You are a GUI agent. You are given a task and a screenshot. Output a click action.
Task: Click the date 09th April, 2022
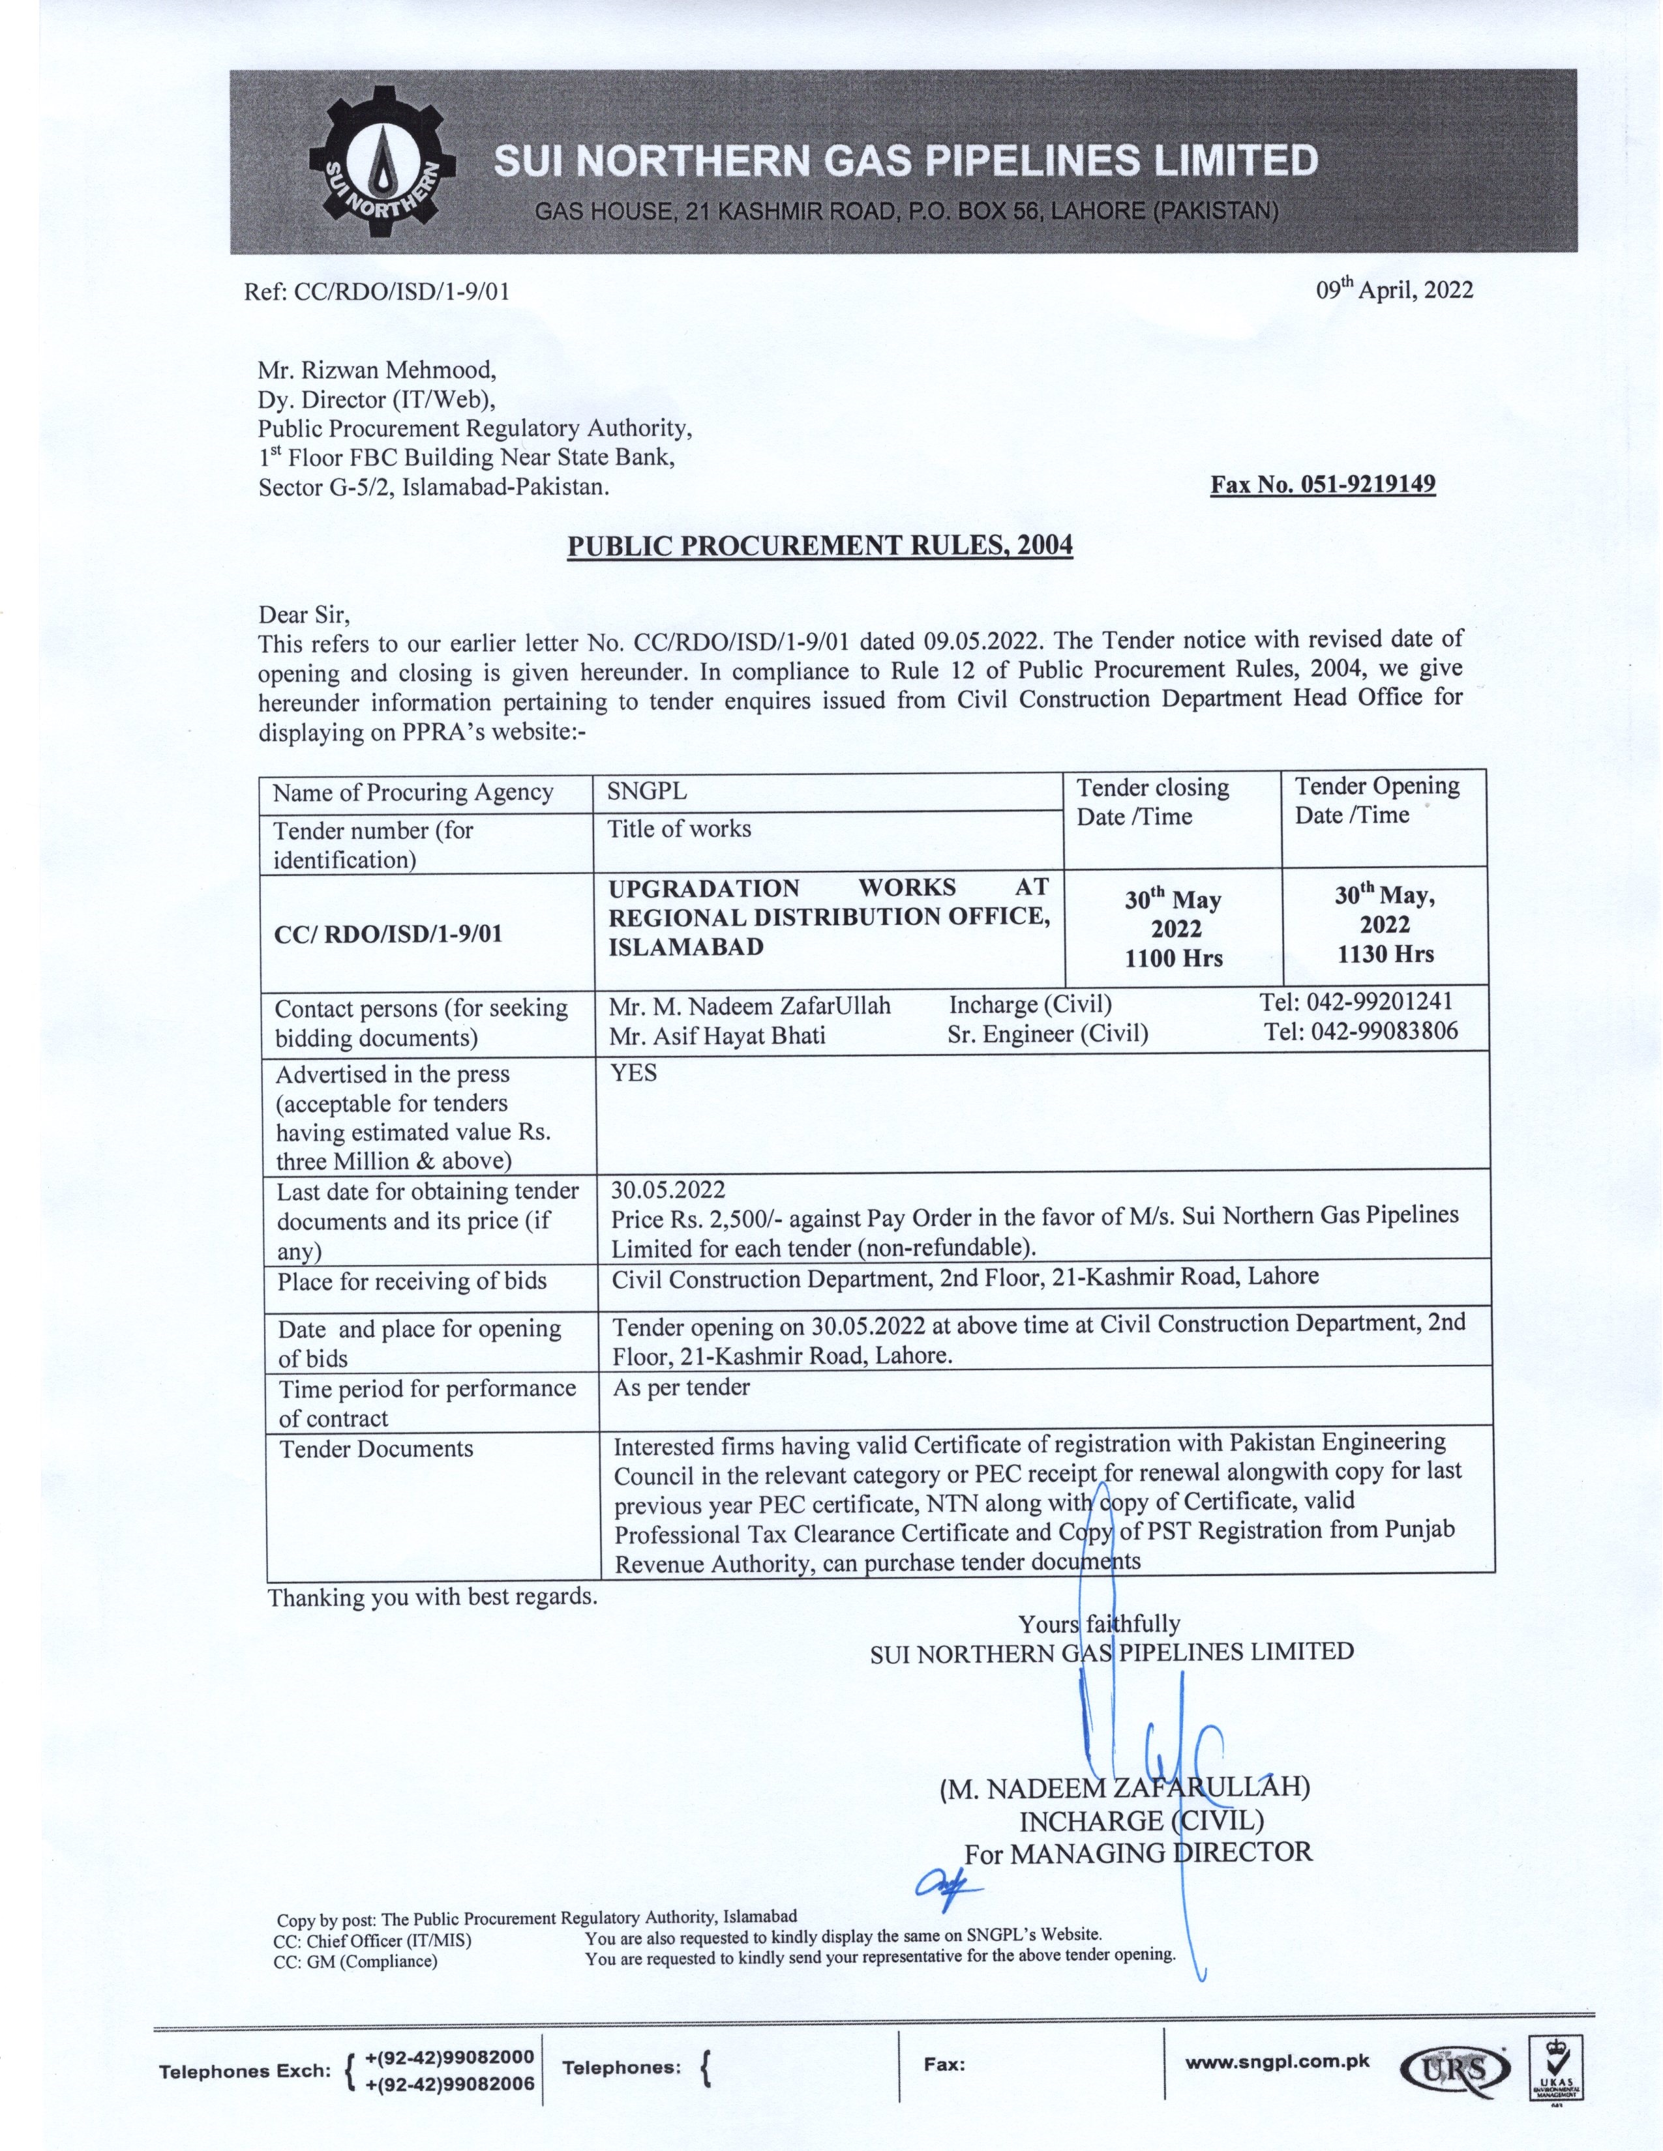[x=1394, y=289]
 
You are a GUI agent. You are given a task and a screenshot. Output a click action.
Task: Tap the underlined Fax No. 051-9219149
[x=1322, y=484]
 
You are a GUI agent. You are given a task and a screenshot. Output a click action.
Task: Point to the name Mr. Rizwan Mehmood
[x=376, y=370]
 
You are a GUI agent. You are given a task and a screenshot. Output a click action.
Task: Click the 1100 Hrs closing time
[x=1173, y=958]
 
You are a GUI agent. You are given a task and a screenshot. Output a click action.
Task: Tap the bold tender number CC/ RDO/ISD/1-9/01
[x=388, y=933]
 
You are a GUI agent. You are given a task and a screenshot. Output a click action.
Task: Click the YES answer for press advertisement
[x=633, y=1072]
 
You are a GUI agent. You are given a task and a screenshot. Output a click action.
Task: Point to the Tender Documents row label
[x=376, y=1449]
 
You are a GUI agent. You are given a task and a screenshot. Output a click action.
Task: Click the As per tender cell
[x=681, y=1388]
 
